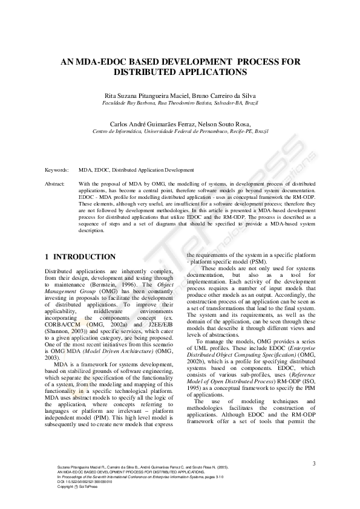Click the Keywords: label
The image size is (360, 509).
[57, 170]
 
